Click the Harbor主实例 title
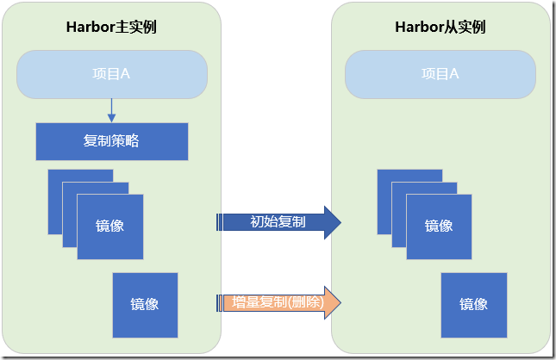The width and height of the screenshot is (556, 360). [x=111, y=27]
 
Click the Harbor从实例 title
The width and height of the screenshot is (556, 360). [x=440, y=27]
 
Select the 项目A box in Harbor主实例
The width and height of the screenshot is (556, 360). [x=111, y=74]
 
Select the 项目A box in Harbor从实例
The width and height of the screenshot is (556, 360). [x=440, y=74]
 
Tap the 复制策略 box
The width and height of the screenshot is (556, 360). [x=111, y=141]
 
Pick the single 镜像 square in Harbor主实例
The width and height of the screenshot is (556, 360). [x=145, y=305]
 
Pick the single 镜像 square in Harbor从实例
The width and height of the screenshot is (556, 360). [x=474, y=305]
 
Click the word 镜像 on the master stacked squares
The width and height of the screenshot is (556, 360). [x=109, y=227]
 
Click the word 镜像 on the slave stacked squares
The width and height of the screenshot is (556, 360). [x=439, y=227]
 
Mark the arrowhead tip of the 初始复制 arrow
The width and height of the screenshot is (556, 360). [x=340, y=222]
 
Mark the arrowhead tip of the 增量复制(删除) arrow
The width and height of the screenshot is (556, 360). [x=340, y=302]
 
